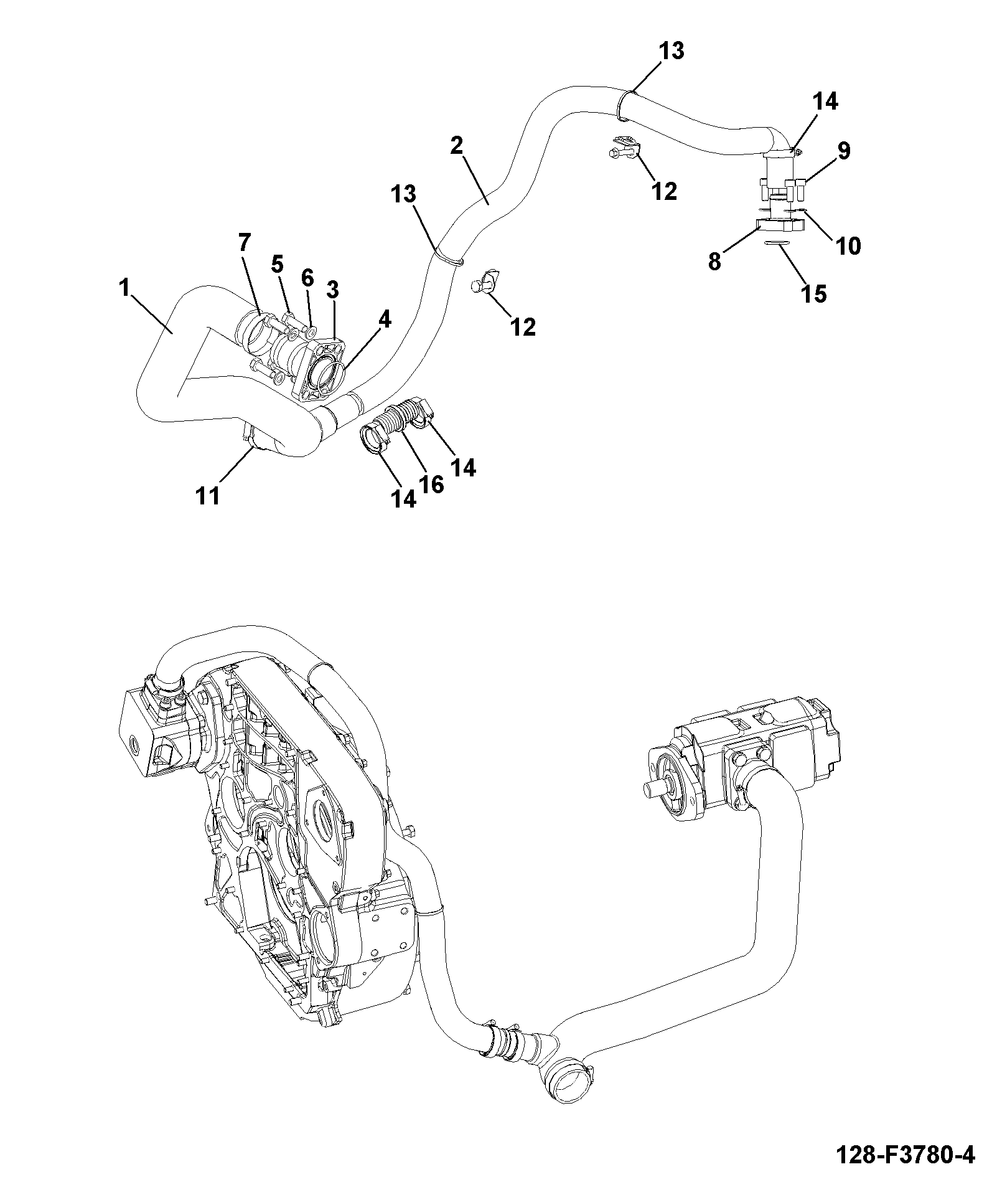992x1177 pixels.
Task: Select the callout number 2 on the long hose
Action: point(457,146)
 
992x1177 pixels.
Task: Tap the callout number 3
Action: point(332,290)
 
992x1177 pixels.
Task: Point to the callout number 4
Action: point(385,320)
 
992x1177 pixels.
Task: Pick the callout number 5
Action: point(278,264)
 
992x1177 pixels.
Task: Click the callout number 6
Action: point(307,278)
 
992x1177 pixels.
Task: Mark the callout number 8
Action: point(715,262)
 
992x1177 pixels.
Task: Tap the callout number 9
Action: point(844,151)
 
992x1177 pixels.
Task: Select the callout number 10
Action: point(848,245)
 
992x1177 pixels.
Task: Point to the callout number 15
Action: point(813,293)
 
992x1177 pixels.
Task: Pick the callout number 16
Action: point(431,484)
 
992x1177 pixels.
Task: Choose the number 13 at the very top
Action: point(671,51)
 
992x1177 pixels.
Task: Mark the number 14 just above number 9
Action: point(825,101)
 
